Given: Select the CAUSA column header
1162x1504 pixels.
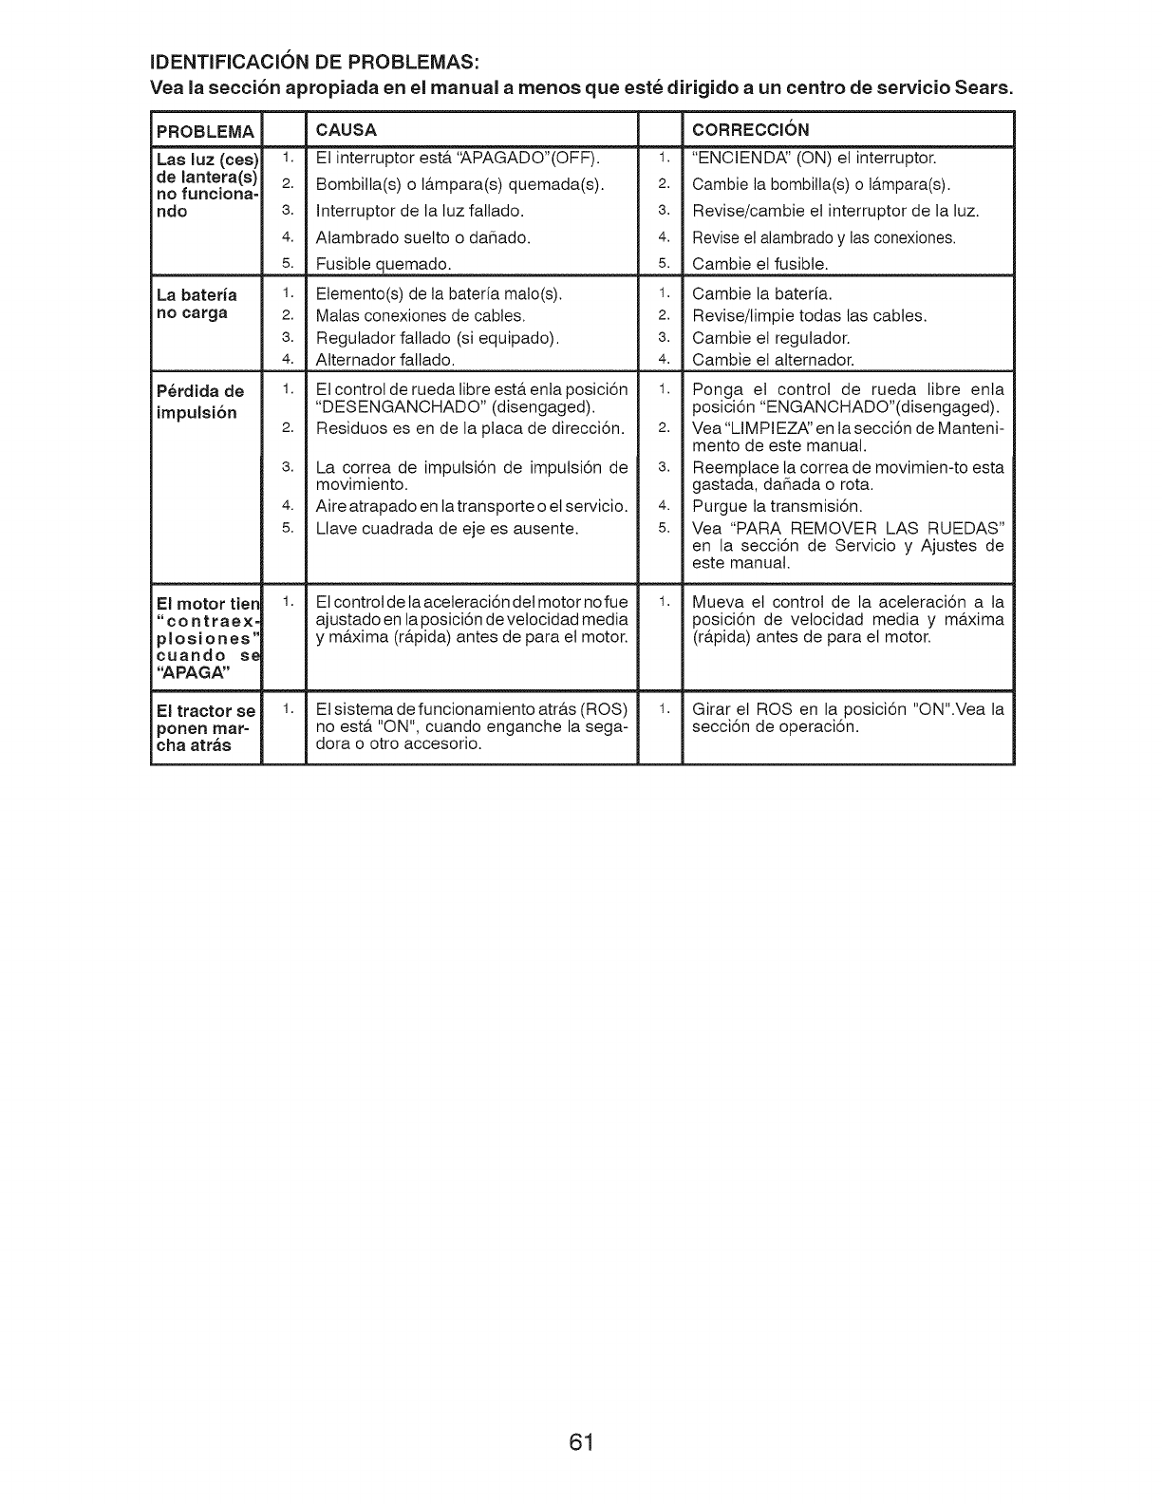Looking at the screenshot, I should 347,129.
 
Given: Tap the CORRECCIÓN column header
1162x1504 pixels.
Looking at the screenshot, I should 751,129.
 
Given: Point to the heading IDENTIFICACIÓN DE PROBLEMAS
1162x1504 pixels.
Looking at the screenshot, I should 314,64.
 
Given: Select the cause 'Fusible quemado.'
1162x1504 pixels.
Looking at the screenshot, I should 384,263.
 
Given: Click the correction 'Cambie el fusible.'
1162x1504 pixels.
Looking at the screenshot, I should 760,263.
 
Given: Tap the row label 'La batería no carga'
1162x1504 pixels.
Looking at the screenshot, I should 197,304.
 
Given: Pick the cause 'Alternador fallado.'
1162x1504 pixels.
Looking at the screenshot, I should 385,360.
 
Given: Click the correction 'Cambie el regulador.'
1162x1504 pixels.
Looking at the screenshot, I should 772,338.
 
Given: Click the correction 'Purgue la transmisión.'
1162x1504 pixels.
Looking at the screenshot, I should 778,506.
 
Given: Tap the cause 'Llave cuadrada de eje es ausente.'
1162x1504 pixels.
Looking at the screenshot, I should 447,528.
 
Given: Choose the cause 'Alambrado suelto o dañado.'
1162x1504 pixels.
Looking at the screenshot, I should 422,237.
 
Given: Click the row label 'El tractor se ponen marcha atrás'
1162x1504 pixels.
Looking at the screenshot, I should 206,728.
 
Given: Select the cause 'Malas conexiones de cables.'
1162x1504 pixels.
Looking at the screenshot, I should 421,316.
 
